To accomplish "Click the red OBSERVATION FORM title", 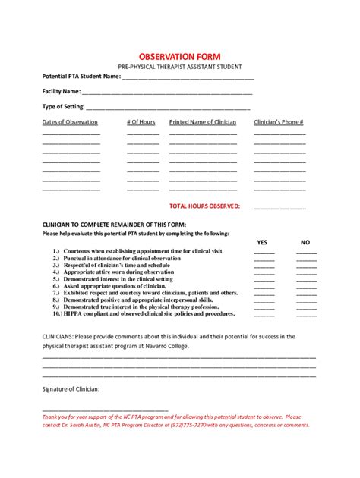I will pyautogui.click(x=180, y=58).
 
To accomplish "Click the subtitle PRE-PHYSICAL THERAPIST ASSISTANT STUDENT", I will pyautogui.click(x=180, y=68).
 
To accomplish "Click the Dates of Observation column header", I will pyautogui.click(x=70, y=122).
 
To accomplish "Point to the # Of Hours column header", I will pyautogui.click(x=141, y=122).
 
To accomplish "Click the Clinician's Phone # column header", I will pyautogui.click(x=279, y=122).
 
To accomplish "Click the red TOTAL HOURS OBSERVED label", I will pyautogui.click(x=204, y=206).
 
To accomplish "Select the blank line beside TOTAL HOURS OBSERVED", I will pyautogui.click(x=279, y=207).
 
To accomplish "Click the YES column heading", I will pyautogui.click(x=263, y=242).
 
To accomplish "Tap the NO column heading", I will pyautogui.click(x=306, y=242).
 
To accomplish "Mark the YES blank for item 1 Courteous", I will pyautogui.click(x=264, y=253).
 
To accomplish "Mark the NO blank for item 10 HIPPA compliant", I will pyautogui.click(x=307, y=314).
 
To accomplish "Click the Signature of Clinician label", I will pyautogui.click(x=71, y=388).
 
